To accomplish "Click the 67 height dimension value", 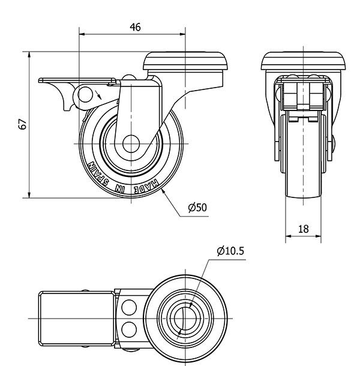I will [x=22, y=124].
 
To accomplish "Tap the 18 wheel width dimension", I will [x=303, y=228].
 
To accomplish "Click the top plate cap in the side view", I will [x=187, y=61].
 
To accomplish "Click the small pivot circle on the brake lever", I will [x=86, y=94].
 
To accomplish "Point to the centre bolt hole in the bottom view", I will [x=187, y=316].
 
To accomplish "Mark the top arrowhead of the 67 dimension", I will [x=29, y=55].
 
